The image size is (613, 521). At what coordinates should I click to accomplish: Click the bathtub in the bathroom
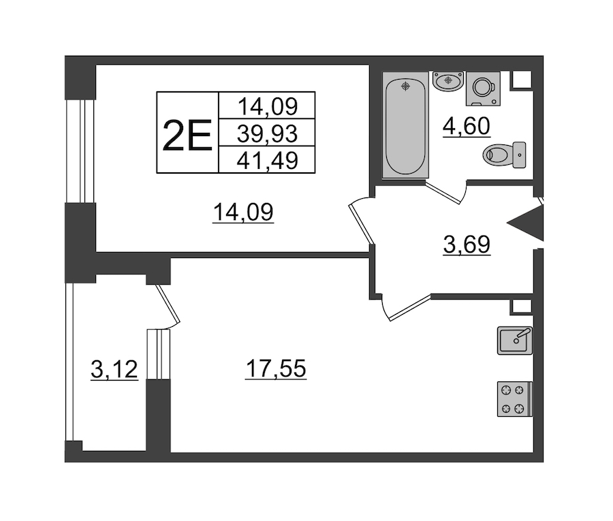click(405, 125)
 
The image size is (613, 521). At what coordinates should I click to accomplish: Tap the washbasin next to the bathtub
click(448, 81)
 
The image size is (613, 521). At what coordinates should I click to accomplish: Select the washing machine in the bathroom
click(483, 89)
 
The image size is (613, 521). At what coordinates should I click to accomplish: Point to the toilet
click(504, 155)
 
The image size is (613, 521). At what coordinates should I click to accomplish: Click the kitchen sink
click(515, 341)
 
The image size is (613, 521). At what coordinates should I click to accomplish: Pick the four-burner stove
click(515, 399)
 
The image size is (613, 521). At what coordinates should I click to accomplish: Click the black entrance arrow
click(525, 223)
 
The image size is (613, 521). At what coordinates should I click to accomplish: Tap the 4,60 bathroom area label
click(467, 126)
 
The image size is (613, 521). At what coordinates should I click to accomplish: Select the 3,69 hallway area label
click(467, 244)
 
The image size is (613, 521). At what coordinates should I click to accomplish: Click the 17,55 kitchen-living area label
click(276, 368)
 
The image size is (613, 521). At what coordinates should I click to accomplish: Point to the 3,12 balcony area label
click(114, 369)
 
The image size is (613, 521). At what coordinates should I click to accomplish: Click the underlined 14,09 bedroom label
click(242, 212)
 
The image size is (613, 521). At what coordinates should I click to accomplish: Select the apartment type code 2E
click(187, 136)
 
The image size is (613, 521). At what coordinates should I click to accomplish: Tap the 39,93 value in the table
click(268, 133)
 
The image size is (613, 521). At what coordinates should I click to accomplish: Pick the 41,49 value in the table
click(268, 160)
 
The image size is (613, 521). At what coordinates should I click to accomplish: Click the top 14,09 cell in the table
click(268, 106)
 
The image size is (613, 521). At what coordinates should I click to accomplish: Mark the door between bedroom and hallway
click(360, 221)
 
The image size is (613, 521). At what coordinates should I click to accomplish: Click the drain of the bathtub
click(406, 86)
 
